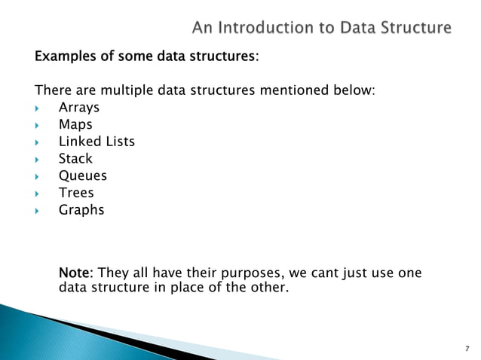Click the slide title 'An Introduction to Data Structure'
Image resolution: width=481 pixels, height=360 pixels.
[x=322, y=28]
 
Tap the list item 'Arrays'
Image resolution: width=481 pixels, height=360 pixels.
[x=79, y=108]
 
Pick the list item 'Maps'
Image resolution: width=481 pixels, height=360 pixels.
[x=75, y=125]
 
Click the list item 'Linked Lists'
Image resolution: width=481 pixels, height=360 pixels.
[x=97, y=142]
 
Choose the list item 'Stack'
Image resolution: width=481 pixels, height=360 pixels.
[x=75, y=158]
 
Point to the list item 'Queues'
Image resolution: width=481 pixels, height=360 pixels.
[x=83, y=176]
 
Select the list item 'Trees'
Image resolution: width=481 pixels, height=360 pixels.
[x=76, y=193]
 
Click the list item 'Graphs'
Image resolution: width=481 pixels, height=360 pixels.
[x=81, y=210]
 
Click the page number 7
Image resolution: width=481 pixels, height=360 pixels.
[x=467, y=349]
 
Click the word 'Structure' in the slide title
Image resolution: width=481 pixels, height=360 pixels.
[x=415, y=28]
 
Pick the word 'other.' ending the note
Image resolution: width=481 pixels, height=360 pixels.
[x=268, y=287]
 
